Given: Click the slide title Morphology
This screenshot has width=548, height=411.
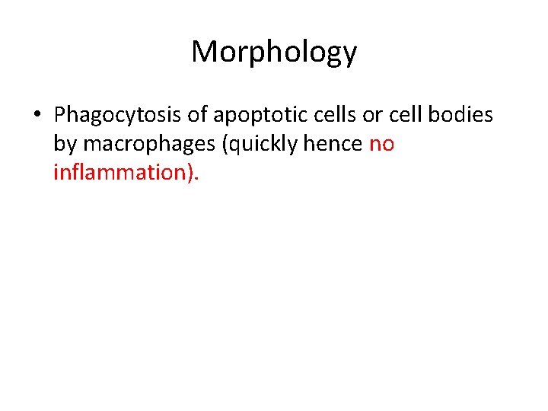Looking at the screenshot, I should pyautogui.click(x=274, y=52).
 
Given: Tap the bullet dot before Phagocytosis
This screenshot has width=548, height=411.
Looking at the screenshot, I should pyautogui.click(x=37, y=116).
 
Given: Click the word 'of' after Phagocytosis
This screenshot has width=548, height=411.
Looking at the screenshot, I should pyautogui.click(x=198, y=115).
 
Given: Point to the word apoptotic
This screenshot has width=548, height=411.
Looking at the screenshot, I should pyautogui.click(x=262, y=115).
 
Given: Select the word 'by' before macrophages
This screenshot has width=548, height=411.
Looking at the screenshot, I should pyautogui.click(x=65, y=144).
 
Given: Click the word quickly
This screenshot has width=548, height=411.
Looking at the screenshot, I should pyautogui.click(x=258, y=144).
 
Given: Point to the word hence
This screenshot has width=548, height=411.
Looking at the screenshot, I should pyautogui.click(x=336, y=144).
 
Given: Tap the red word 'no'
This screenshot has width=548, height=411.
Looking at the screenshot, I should pyautogui.click(x=381, y=144).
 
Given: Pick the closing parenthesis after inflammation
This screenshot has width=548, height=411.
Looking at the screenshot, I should pyautogui.click(x=190, y=173).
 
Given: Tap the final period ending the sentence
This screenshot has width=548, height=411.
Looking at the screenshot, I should pyautogui.click(x=197, y=179).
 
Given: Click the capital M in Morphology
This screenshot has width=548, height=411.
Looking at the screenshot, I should pyautogui.click(x=203, y=52).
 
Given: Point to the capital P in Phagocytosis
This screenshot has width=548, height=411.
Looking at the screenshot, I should pyautogui.click(x=60, y=115).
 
